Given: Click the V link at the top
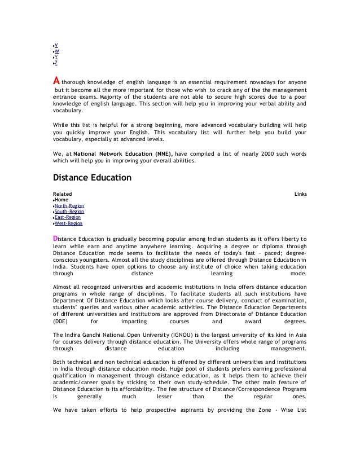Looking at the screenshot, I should pyautogui.click(x=55, y=45).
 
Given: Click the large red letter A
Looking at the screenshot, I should pyautogui.click(x=56, y=80).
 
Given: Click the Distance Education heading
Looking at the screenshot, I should pyautogui.click(x=91, y=178).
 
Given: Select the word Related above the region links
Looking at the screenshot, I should pyautogui.click(x=62, y=194).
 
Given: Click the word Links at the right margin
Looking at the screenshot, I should pyautogui.click(x=301, y=194).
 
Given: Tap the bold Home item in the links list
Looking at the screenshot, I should pyautogui.click(x=61, y=200).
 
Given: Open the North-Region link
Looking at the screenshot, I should pyautogui.click(x=69, y=206).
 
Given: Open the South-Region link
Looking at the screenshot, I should pyautogui.click(x=69, y=212).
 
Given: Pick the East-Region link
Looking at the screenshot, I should pyautogui.click(x=67, y=217).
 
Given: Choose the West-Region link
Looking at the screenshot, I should pyautogui.click(x=68, y=223).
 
